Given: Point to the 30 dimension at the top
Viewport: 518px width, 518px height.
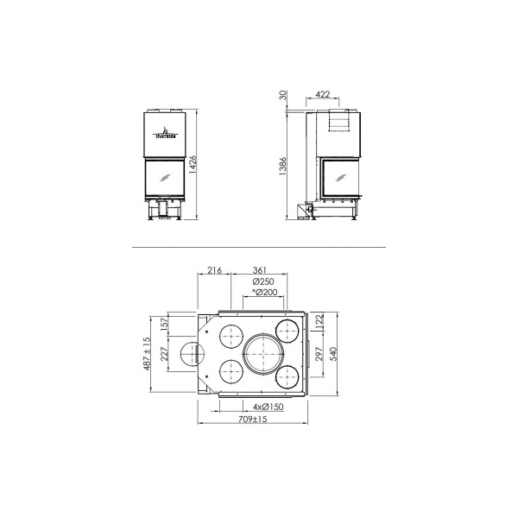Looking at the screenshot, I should [x=283, y=95].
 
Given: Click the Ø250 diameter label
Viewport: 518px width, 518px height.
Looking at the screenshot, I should [x=263, y=282].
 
